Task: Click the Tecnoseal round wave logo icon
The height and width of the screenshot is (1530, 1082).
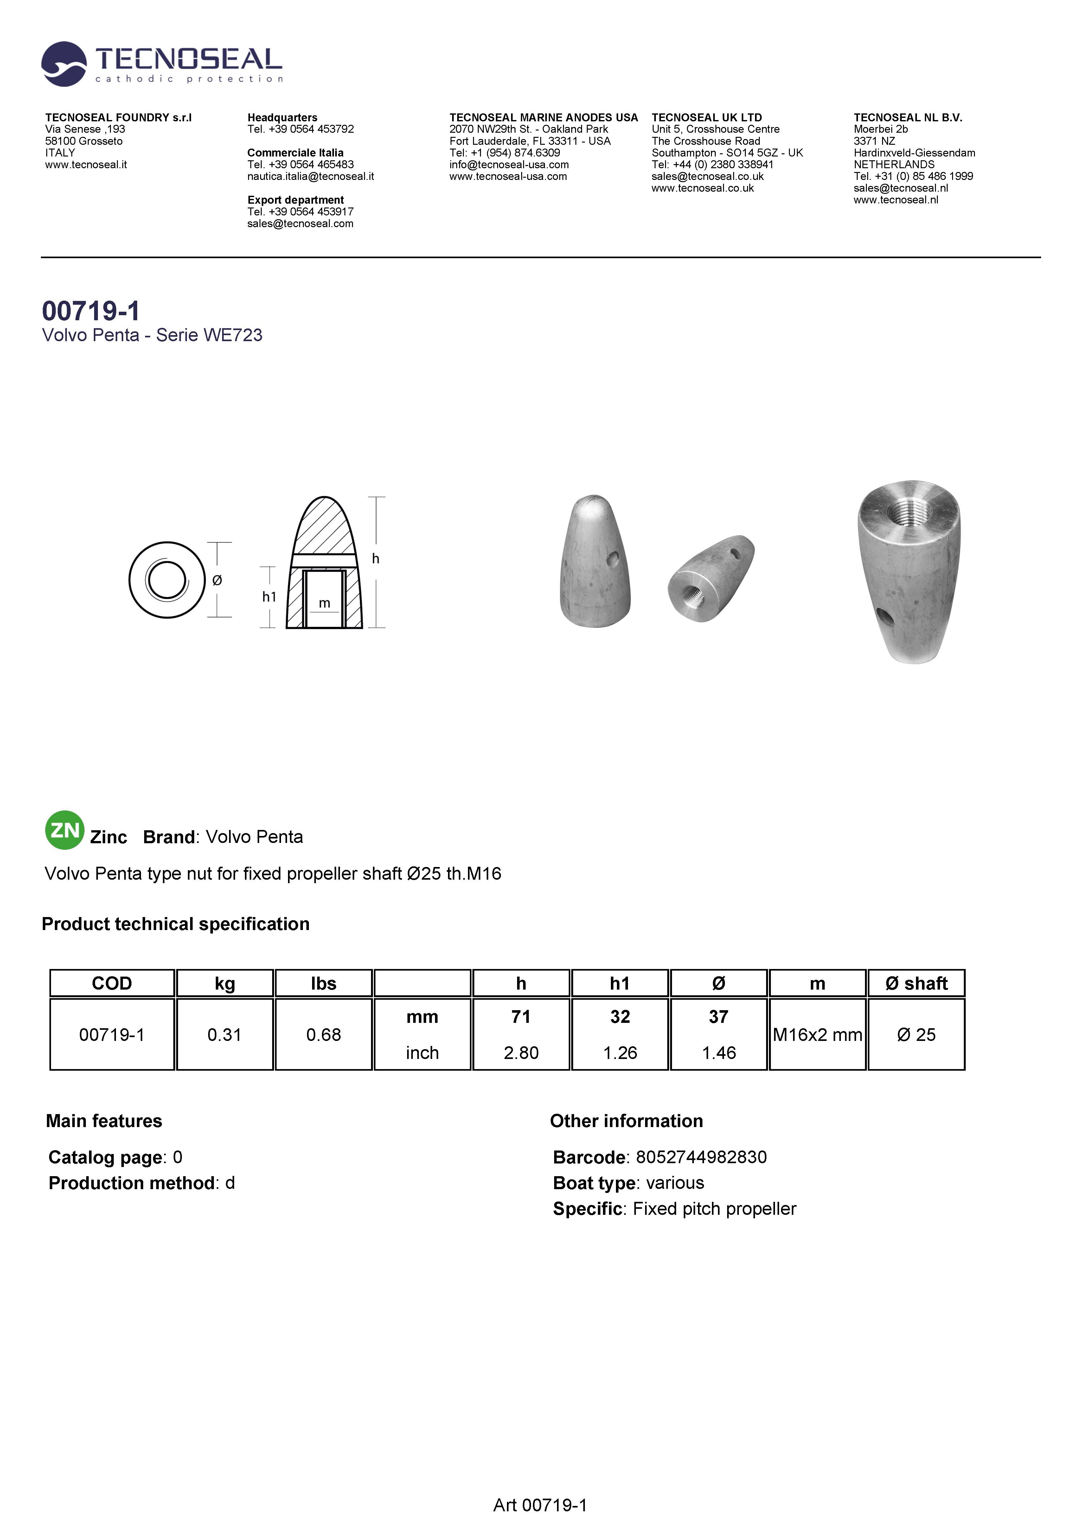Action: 64,64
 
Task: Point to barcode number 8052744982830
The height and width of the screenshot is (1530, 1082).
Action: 701,1157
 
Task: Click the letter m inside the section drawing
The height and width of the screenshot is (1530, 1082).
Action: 325,603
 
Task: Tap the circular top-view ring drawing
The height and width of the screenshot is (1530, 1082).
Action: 167,580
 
